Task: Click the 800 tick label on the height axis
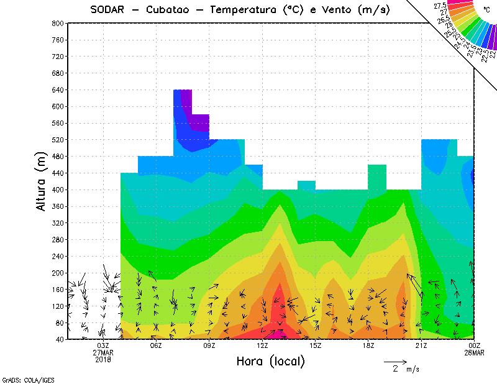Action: tap(58, 23)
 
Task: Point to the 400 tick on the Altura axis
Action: tap(58, 190)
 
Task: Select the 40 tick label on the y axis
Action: tap(60, 339)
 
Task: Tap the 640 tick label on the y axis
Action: tap(58, 89)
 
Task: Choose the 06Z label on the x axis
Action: tap(156, 346)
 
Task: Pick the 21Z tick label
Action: tap(421, 346)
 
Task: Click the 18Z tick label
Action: tap(368, 346)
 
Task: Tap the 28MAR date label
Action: tap(474, 353)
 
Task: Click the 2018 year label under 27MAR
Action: tap(103, 360)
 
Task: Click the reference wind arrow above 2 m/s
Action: tap(395, 361)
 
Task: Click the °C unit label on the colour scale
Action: tap(486, 9)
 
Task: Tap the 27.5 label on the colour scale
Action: tap(440, 5)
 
